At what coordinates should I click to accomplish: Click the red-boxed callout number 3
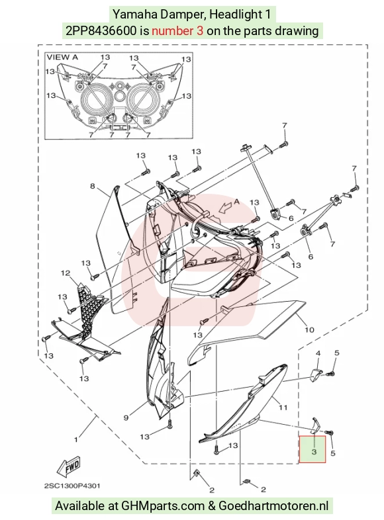pyautogui.click(x=314, y=452)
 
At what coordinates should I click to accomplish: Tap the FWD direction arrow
pyautogui.click(x=68, y=466)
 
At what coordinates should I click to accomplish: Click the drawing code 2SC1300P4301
pyautogui.click(x=72, y=486)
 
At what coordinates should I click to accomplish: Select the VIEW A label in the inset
pyautogui.click(x=62, y=57)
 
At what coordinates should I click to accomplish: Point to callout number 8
pyautogui.click(x=92, y=186)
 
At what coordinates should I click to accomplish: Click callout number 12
pyautogui.click(x=66, y=273)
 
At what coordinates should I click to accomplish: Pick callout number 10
pyautogui.click(x=309, y=329)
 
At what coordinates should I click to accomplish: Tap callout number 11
pyautogui.click(x=283, y=408)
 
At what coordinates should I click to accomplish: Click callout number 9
pyautogui.click(x=126, y=417)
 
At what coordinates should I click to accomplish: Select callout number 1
pyautogui.click(x=76, y=440)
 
